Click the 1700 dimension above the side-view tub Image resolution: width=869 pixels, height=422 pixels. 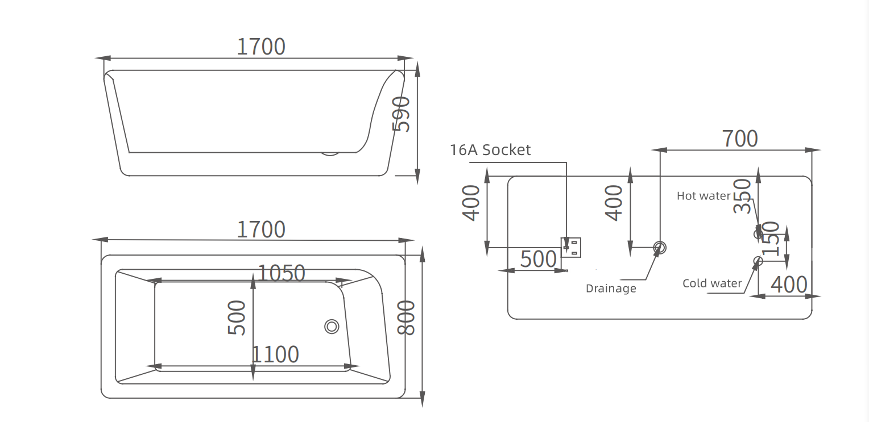point(261,47)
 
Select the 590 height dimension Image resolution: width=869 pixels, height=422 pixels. point(402,114)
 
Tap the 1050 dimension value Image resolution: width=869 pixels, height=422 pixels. point(282,273)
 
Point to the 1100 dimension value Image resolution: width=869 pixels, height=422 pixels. point(275,354)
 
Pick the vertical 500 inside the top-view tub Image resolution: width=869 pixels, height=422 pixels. point(237,317)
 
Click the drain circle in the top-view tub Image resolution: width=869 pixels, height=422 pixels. point(332,327)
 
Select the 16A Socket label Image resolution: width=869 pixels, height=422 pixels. point(490,150)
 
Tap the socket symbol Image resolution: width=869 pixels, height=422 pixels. point(571,247)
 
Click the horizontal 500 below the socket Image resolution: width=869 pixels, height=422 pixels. point(539,259)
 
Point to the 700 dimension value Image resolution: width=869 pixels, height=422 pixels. point(740,139)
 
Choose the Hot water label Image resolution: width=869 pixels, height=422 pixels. point(704,196)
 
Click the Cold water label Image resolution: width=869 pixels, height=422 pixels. point(712,283)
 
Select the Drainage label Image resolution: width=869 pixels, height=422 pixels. point(611,289)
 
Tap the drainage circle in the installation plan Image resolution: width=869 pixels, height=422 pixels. point(660,247)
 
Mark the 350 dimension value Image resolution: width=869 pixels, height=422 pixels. point(742,196)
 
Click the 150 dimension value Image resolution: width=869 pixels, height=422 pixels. point(771,239)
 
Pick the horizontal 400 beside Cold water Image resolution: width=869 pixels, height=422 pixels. point(789,285)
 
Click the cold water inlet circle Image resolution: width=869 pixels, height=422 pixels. point(758,261)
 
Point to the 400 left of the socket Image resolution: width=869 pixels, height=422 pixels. point(471,203)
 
